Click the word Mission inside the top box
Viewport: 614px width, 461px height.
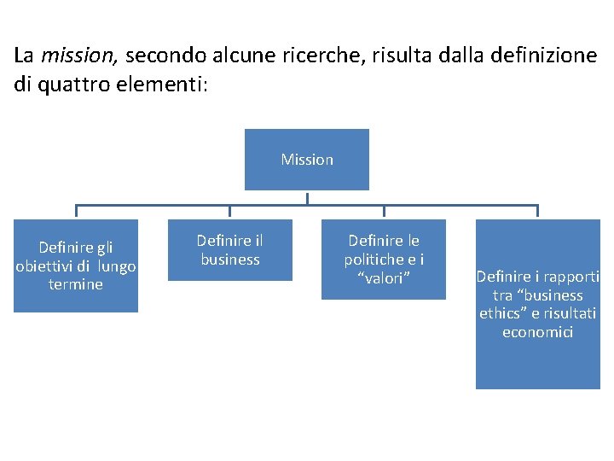[x=307, y=160]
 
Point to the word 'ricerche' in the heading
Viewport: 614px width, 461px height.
[x=295, y=56]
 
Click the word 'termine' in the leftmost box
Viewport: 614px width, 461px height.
[x=76, y=284]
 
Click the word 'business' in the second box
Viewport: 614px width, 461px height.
[x=230, y=260]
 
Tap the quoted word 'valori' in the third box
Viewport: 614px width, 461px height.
[x=383, y=278]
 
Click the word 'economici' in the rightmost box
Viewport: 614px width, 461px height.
[x=537, y=332]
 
